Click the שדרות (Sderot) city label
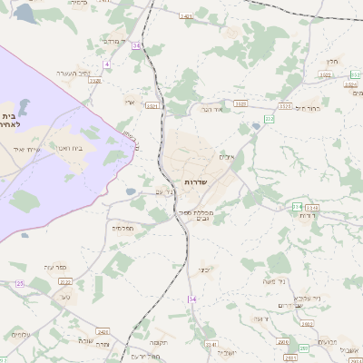pyautogui.click(x=196, y=182)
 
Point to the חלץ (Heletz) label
pyautogui.click(x=332, y=61)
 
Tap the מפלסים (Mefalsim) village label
pyautogui.click(x=123, y=228)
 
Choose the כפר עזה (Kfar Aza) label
pyautogui.click(x=41, y=266)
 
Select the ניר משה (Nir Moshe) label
pyautogui.click(x=277, y=280)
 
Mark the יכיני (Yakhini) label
pyautogui.click(x=204, y=269)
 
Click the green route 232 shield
pyautogui.click(x=269, y=119)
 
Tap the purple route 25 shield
pyautogui.click(x=19, y=284)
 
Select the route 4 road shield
pyautogui.click(x=106, y=64)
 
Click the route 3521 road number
pyautogui.click(x=152, y=105)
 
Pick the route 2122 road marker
pyautogui.click(x=65, y=282)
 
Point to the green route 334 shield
pyautogui.click(x=297, y=208)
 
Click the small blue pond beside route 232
pyautogui.click(x=256, y=126)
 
